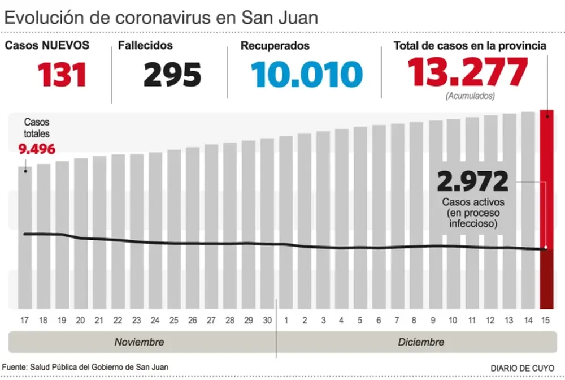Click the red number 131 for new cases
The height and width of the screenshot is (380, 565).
(x=62, y=75)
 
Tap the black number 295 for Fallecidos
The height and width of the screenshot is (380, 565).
(x=172, y=75)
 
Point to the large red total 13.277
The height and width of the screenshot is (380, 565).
(x=467, y=72)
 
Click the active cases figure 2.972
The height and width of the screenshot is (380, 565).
(x=473, y=183)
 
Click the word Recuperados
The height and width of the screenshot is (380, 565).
(x=275, y=45)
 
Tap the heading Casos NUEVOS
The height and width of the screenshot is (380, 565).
(x=47, y=45)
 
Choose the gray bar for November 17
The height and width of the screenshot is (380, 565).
(x=25, y=237)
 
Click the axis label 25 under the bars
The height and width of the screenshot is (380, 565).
(x=173, y=321)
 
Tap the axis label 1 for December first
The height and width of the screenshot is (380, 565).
(x=286, y=321)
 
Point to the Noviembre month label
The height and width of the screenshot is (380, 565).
(x=139, y=342)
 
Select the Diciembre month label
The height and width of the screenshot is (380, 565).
(x=421, y=342)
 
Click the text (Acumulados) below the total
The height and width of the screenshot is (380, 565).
(x=470, y=96)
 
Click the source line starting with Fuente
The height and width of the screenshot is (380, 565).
(x=85, y=367)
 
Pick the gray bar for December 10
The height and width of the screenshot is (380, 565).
(x=453, y=215)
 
